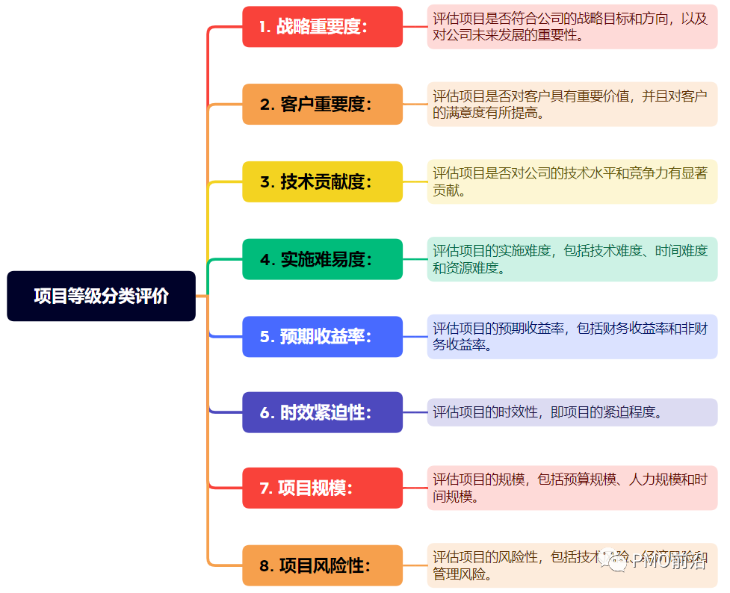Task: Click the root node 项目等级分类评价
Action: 101,296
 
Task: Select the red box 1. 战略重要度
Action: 322,27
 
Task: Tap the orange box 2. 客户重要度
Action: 322,105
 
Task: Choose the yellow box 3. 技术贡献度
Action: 322,181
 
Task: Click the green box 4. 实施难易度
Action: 322,259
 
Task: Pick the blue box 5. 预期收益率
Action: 322,336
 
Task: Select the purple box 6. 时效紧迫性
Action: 322,412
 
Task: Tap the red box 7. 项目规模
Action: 322,488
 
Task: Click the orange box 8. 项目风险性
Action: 322,565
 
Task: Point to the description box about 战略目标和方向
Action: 572,27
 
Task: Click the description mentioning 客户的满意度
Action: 572,105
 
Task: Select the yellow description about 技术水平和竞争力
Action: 572,181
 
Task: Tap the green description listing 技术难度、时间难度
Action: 572,259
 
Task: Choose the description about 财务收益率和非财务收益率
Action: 572,336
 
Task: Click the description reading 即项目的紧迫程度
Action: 572,412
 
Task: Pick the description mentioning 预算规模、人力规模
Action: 572,488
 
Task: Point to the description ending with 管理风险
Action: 572,565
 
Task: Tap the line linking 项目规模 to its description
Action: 415,488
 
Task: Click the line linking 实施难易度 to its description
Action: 415,259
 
